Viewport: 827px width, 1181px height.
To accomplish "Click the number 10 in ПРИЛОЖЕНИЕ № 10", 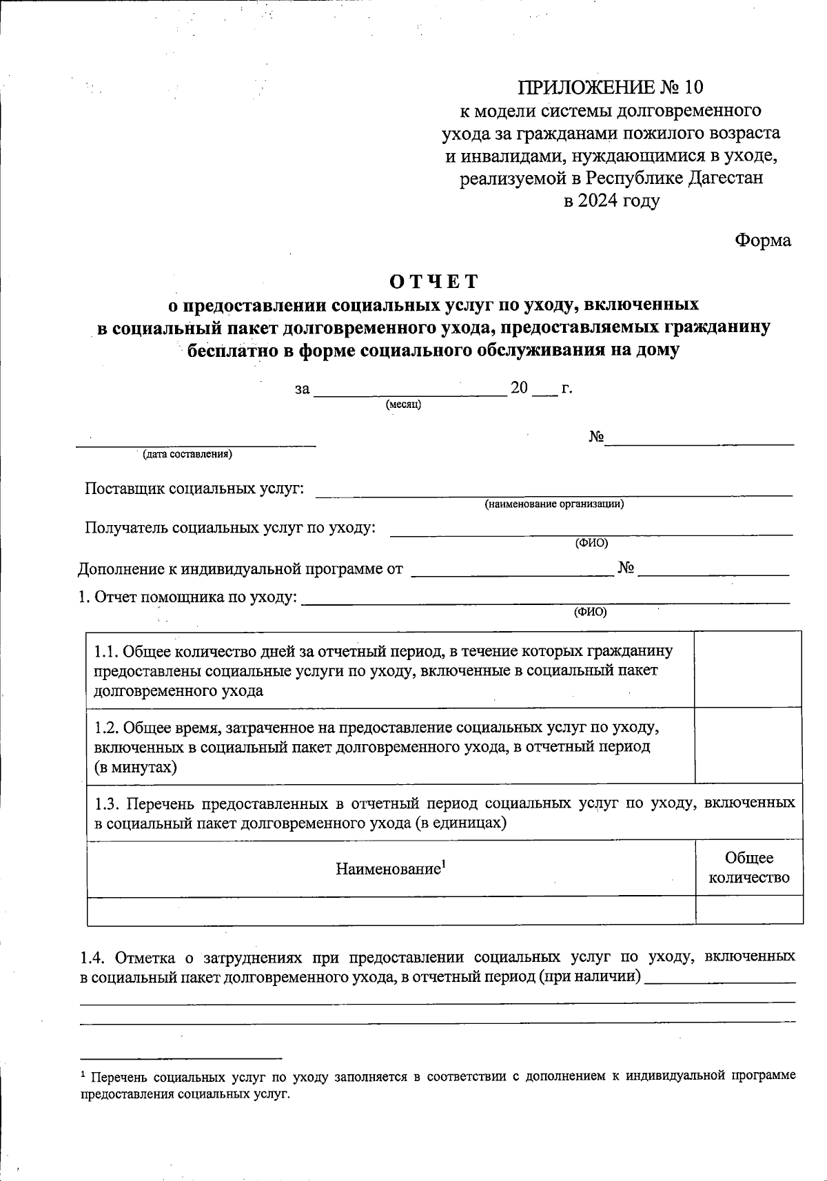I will click(x=694, y=88).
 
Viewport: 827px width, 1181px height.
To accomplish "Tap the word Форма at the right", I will click(x=763, y=240).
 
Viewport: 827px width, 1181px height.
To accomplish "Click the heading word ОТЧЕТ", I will click(x=433, y=282).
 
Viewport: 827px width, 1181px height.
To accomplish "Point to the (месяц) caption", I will click(x=404, y=404).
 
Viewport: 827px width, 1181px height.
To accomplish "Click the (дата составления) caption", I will click(x=187, y=455).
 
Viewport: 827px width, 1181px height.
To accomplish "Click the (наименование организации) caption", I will click(x=554, y=504).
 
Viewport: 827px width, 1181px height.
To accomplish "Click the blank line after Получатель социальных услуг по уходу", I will click(x=591, y=532).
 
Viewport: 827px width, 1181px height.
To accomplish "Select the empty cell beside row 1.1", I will click(x=748, y=669).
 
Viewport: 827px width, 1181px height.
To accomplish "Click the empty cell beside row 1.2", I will click(x=748, y=746).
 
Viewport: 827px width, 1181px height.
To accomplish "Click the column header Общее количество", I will click(x=749, y=867).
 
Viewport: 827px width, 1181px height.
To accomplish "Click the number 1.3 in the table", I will click(x=108, y=803).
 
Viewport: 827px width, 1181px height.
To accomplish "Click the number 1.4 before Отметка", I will click(x=93, y=958).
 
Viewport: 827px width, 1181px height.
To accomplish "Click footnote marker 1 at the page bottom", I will click(x=83, y=1075).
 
